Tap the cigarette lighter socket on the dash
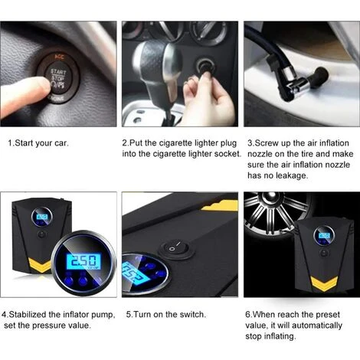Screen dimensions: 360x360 coord(205,66)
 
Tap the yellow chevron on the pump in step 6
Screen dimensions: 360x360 coord(324,283)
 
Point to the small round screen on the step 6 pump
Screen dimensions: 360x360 coord(324,236)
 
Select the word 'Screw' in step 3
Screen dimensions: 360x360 coord(266,143)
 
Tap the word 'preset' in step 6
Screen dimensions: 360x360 coord(328,315)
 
